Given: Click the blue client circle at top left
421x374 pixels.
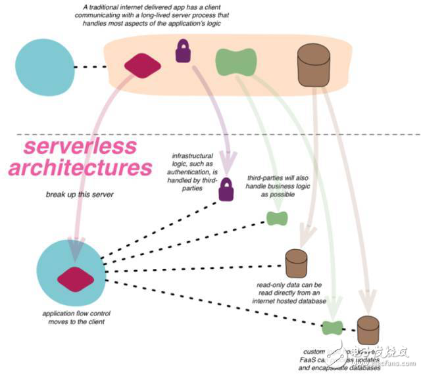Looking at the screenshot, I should click(x=44, y=66).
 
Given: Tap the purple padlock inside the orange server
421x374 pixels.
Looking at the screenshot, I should click(x=182, y=51).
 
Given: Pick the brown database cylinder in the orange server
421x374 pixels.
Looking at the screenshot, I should click(x=314, y=61).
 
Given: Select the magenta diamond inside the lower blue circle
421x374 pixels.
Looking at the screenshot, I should click(x=72, y=277).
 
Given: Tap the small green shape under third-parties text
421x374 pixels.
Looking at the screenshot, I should click(x=275, y=218).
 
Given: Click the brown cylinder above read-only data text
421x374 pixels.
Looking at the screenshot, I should click(x=293, y=263).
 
